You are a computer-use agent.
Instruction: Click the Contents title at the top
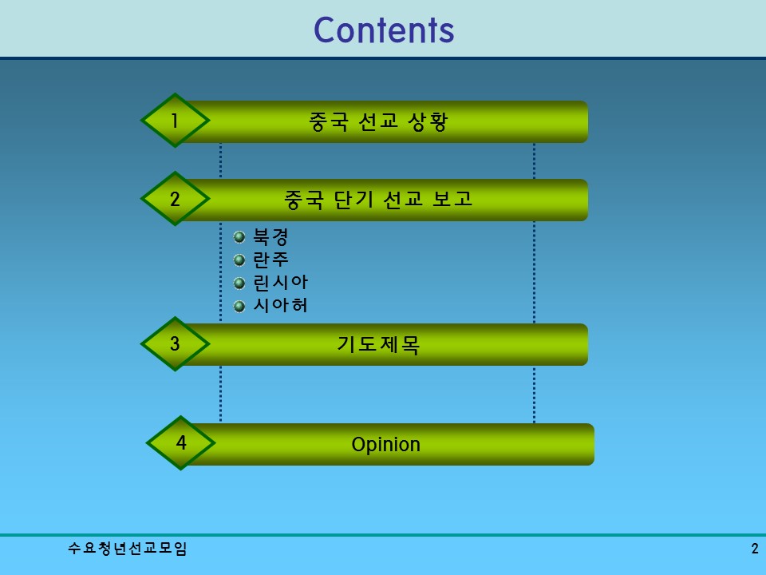tap(384, 30)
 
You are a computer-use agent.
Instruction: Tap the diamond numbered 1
tap(175, 121)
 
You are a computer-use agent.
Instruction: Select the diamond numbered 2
tap(175, 199)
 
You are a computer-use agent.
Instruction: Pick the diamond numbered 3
tap(175, 344)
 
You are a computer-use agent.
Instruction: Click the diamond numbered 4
tap(181, 442)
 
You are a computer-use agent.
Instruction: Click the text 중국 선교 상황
tap(378, 121)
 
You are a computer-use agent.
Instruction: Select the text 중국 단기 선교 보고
tap(378, 199)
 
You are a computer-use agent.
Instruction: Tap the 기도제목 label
tap(378, 345)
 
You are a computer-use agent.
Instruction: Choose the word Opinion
tap(385, 445)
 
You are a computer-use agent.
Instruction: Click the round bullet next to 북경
tap(239, 237)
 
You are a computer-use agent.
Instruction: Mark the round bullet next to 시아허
tap(239, 306)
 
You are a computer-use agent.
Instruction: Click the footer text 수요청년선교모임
tap(128, 549)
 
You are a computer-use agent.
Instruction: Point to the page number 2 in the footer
tap(754, 549)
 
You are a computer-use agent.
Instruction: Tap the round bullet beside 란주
tap(239, 260)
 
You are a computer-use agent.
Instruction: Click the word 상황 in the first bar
tap(428, 121)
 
